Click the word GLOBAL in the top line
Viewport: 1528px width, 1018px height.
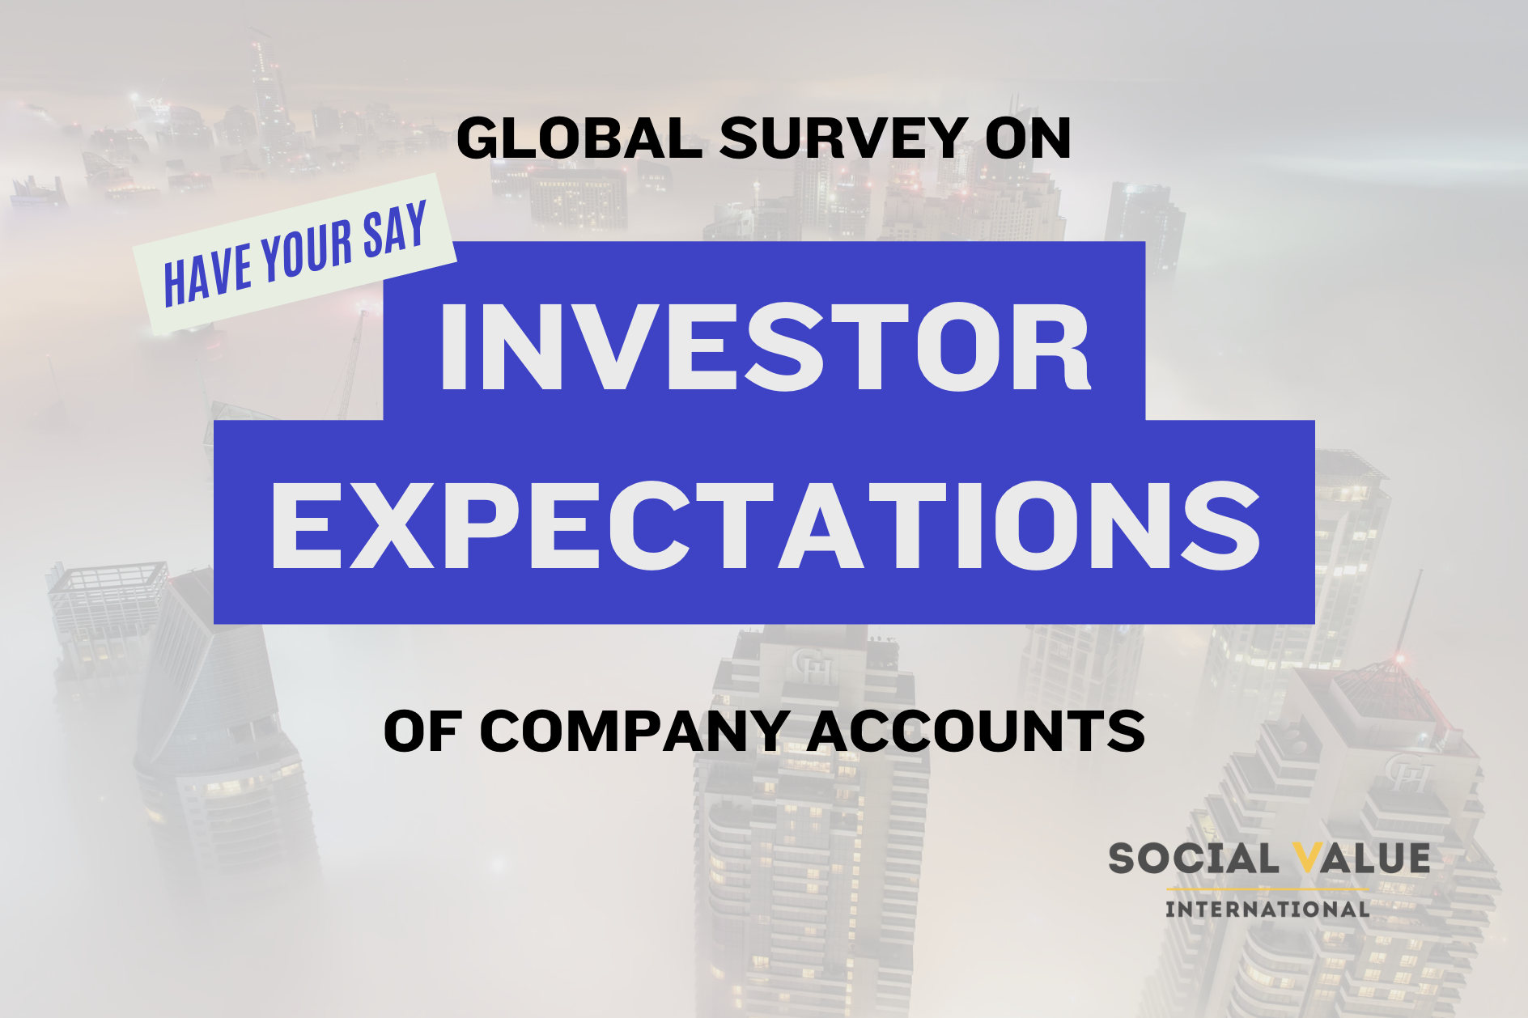[x=579, y=138]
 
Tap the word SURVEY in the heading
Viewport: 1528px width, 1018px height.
[x=844, y=138]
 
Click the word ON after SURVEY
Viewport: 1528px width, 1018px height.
[x=1028, y=138]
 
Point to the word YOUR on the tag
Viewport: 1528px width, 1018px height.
[x=307, y=250]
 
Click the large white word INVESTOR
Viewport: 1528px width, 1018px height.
[x=764, y=348]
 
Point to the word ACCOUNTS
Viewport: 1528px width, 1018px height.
[x=975, y=732]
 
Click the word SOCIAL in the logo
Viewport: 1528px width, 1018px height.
[x=1193, y=859]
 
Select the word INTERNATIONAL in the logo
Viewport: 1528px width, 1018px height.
[x=1267, y=909]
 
